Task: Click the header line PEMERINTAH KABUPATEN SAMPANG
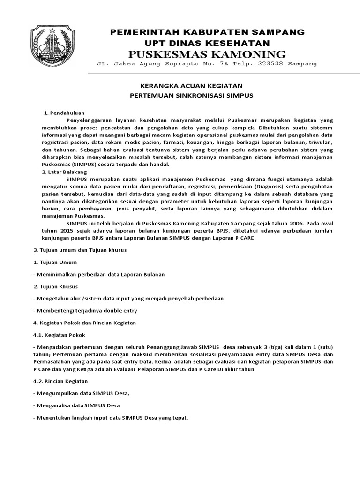pyautogui.click(x=207, y=32)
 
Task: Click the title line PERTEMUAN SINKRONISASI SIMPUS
pyautogui.click(x=191, y=95)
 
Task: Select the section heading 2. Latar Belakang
pyautogui.click(x=65, y=172)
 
